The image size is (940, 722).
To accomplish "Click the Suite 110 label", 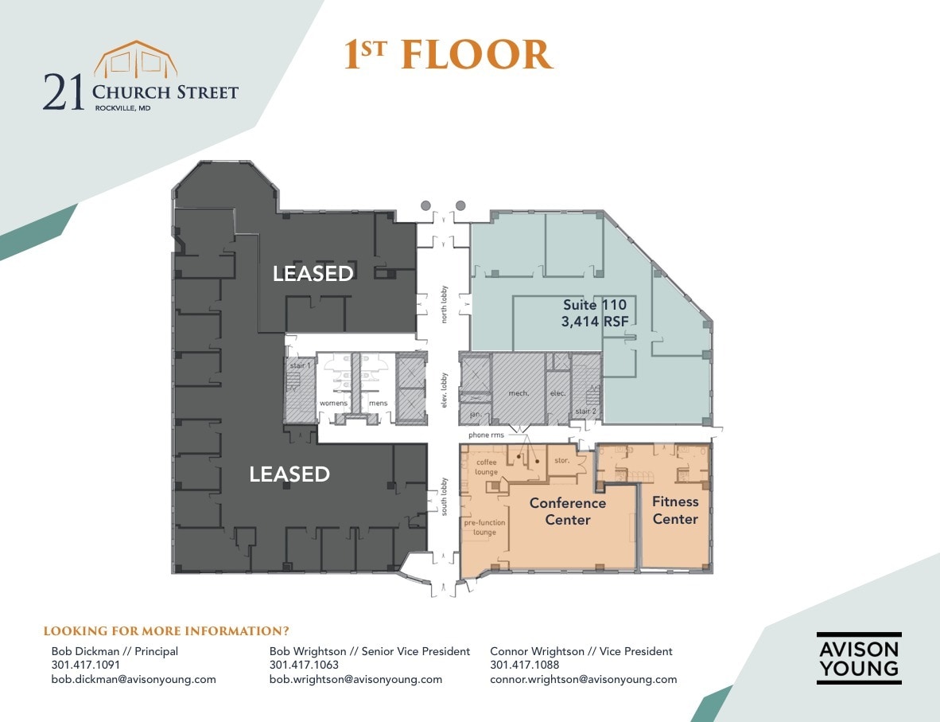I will (594, 305).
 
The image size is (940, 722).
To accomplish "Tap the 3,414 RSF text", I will (594, 322).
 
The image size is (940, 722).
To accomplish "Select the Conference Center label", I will (567, 511).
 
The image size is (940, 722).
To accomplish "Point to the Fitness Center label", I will (675, 510).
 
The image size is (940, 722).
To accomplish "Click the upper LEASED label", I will (313, 274).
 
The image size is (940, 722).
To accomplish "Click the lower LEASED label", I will (289, 474).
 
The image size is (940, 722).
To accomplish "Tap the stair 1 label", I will (299, 365).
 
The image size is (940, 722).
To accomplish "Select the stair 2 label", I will (586, 412).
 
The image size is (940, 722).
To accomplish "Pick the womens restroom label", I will (334, 404).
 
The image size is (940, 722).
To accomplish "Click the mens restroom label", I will (378, 404).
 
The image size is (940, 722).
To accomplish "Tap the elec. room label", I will (557, 394).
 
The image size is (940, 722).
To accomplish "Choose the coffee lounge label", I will (486, 467).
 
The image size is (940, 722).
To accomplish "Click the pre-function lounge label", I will (484, 527).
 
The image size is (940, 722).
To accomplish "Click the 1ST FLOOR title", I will (448, 55).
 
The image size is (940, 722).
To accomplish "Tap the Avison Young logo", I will (858, 658).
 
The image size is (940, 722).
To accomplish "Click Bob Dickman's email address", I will (134, 679).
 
